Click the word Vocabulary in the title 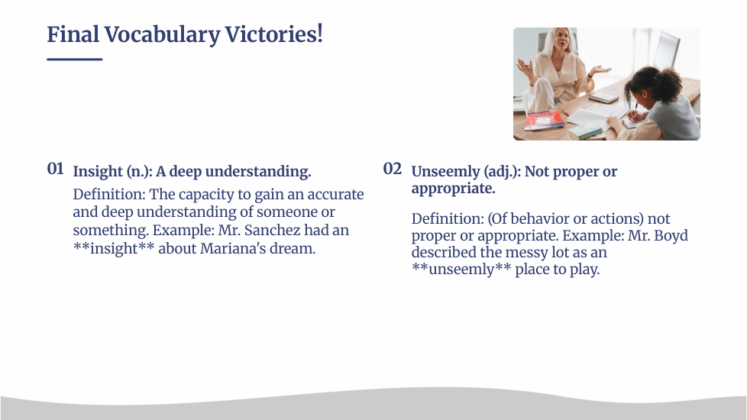(x=162, y=35)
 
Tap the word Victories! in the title (x=274, y=34)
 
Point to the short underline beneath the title (x=75, y=59)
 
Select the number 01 (x=55, y=169)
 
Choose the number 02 (x=392, y=169)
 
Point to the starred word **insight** (x=113, y=248)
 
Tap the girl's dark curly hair (x=654, y=83)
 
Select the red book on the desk (x=544, y=120)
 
